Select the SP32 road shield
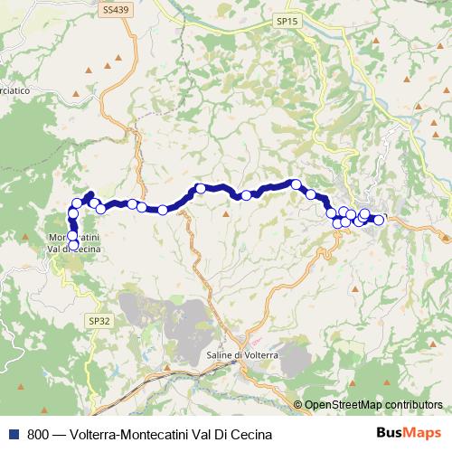99,320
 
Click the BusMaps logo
410,433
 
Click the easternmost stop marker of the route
379,220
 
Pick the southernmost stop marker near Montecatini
73,245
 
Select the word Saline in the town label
221,355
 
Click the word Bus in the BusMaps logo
391,433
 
